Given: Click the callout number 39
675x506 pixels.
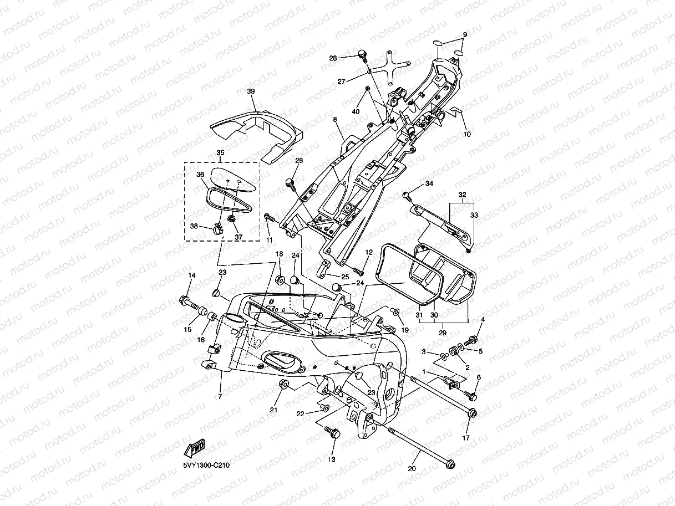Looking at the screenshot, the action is pyautogui.click(x=251, y=91).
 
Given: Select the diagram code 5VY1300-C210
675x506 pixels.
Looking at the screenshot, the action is pyautogui.click(x=206, y=465).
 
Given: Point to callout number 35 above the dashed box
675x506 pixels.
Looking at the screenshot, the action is pyautogui.click(x=221, y=153).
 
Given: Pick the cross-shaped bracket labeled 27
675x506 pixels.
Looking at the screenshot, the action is pyautogui.click(x=389, y=68).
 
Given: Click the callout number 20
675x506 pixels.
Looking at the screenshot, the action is pyautogui.click(x=412, y=468).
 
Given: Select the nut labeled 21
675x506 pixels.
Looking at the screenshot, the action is pyautogui.click(x=283, y=384).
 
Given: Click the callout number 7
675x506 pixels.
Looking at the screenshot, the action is pyautogui.click(x=220, y=397).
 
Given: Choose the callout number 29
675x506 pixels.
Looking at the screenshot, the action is pyautogui.click(x=443, y=333).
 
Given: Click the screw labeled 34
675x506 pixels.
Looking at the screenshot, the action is pyautogui.click(x=407, y=196).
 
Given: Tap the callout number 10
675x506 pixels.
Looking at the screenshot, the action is pyautogui.click(x=467, y=134).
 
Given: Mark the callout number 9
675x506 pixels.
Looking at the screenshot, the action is pyautogui.click(x=465, y=35).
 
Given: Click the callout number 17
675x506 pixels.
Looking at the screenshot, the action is pyautogui.click(x=466, y=438).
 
